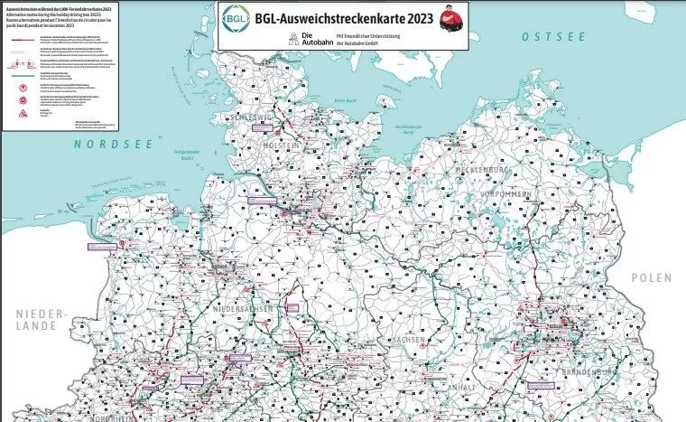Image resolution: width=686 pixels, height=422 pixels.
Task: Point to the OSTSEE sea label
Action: tap(548, 36)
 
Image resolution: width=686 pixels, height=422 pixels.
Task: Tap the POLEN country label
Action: tap(653, 277)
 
